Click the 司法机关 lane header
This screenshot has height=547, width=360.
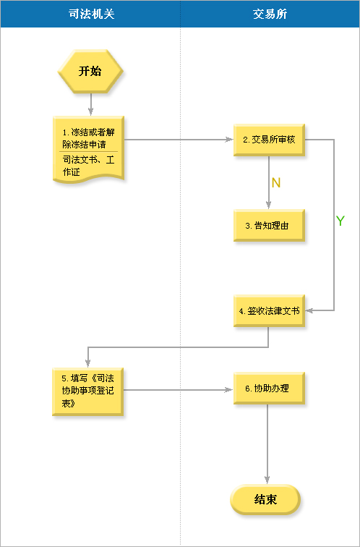click(x=90, y=14)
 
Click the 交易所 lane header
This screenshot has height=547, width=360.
click(x=270, y=14)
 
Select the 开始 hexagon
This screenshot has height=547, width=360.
click(x=90, y=71)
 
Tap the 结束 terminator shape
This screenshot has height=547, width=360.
click(x=265, y=499)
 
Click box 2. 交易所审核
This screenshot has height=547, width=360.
click(x=269, y=140)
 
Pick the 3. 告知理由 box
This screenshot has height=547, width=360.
click(x=269, y=225)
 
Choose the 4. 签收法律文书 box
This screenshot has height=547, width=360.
click(x=269, y=311)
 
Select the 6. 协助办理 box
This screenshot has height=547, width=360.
click(x=269, y=389)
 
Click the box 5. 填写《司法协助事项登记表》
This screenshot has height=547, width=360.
click(x=87, y=391)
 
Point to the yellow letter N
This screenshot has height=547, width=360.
click(x=276, y=183)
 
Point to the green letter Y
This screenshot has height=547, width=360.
click(x=340, y=221)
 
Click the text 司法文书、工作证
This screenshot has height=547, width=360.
click(x=88, y=166)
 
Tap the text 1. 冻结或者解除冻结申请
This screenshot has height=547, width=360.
click(x=88, y=138)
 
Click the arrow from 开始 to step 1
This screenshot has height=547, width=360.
click(x=90, y=104)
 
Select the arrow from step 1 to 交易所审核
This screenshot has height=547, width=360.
click(x=179, y=140)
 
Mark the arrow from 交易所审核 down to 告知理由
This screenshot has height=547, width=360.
click(x=269, y=182)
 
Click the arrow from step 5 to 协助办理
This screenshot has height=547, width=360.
click(x=178, y=390)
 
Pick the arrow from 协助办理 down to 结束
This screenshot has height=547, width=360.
click(x=267, y=444)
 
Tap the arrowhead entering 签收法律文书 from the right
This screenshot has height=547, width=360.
click(x=309, y=310)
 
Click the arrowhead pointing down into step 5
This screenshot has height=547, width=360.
click(x=87, y=363)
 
